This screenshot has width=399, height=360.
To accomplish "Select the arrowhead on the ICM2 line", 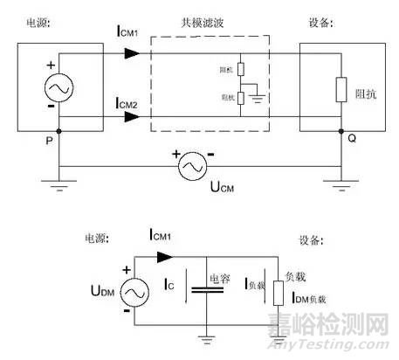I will coord(132,117).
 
